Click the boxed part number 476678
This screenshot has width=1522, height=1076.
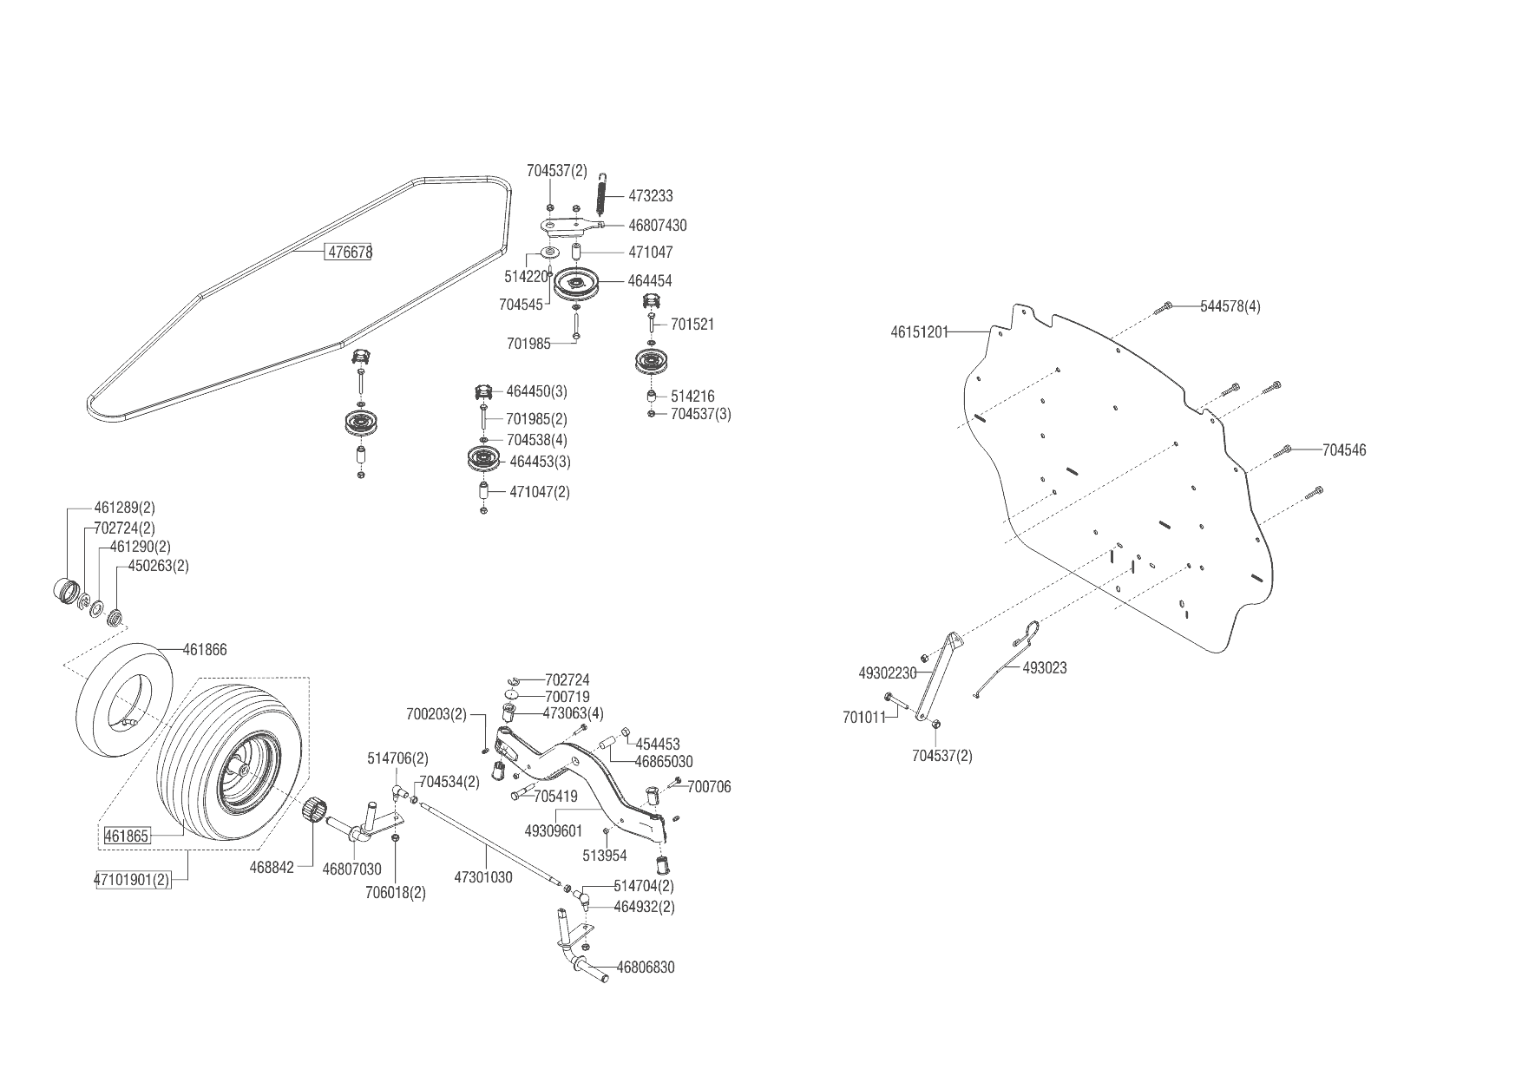click(349, 253)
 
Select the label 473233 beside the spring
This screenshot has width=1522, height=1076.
click(650, 196)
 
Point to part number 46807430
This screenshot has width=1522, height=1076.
click(657, 226)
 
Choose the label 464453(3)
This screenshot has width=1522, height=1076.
click(540, 462)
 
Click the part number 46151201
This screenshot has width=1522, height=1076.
click(920, 331)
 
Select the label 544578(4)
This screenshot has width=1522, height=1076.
click(1230, 306)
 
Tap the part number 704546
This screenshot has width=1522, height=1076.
click(1344, 450)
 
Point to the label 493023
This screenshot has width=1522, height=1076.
click(1045, 668)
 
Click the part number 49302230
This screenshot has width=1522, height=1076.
click(887, 672)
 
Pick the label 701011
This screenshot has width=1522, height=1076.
click(863, 718)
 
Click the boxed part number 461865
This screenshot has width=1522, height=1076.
click(127, 837)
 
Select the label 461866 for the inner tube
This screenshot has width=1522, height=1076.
click(205, 650)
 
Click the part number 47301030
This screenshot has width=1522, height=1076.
click(483, 877)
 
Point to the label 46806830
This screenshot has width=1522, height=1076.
click(645, 968)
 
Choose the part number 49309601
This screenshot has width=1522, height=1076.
click(554, 830)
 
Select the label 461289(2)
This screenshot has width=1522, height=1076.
click(124, 508)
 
